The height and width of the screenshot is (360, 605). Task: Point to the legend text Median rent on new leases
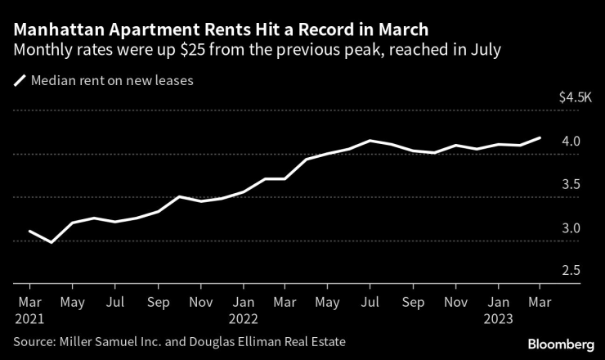(x=111, y=81)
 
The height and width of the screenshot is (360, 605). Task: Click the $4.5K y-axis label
(x=574, y=97)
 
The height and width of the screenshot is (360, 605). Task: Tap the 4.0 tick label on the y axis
(x=571, y=142)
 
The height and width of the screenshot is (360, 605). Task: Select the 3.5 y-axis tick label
(x=571, y=185)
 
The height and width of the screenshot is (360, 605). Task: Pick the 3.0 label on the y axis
(x=571, y=228)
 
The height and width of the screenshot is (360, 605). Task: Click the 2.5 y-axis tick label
(x=571, y=271)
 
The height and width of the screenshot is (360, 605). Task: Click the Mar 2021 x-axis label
(x=29, y=308)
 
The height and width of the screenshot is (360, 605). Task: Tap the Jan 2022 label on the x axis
(x=243, y=308)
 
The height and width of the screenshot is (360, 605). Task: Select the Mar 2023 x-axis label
(x=538, y=308)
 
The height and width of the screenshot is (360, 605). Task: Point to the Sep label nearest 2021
(x=158, y=301)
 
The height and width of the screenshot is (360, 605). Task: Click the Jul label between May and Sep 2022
(x=370, y=301)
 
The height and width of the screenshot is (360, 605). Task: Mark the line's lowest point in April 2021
(x=52, y=242)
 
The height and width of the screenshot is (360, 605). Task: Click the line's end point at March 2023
(x=540, y=138)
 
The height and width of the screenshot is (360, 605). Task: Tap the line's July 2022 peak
(x=370, y=141)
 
